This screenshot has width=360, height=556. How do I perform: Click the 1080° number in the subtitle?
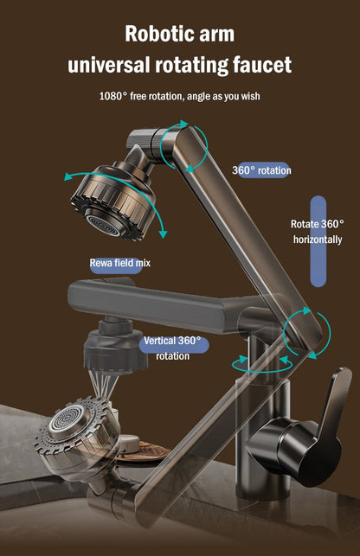[112, 96]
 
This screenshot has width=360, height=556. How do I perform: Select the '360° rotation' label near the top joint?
[261, 170]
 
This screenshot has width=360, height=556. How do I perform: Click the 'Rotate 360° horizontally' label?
[318, 231]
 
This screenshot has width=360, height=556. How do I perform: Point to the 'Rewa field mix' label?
[119, 262]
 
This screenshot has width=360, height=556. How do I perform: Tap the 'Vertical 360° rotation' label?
[172, 348]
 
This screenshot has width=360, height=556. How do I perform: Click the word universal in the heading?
[108, 65]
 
